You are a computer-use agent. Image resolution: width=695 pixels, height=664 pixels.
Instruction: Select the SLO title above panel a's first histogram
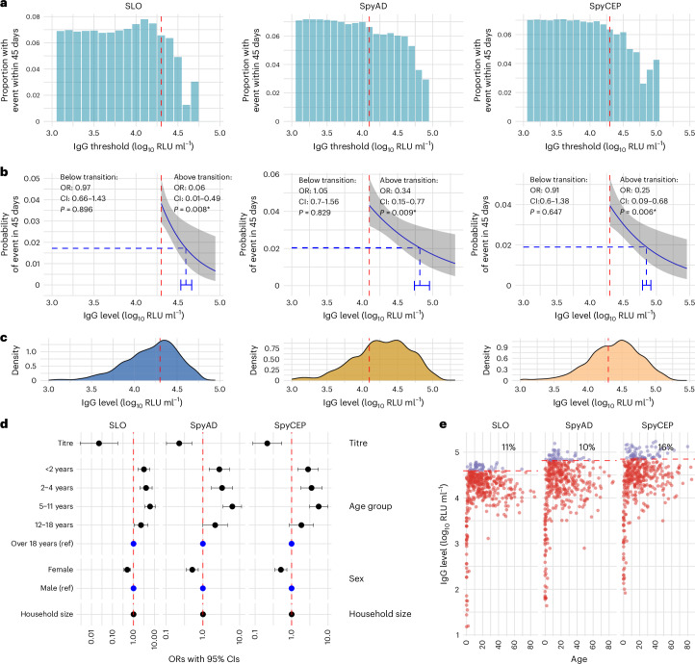(x=121, y=6)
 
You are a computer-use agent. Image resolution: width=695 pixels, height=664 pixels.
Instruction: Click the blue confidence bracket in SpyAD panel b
(x=422, y=285)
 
